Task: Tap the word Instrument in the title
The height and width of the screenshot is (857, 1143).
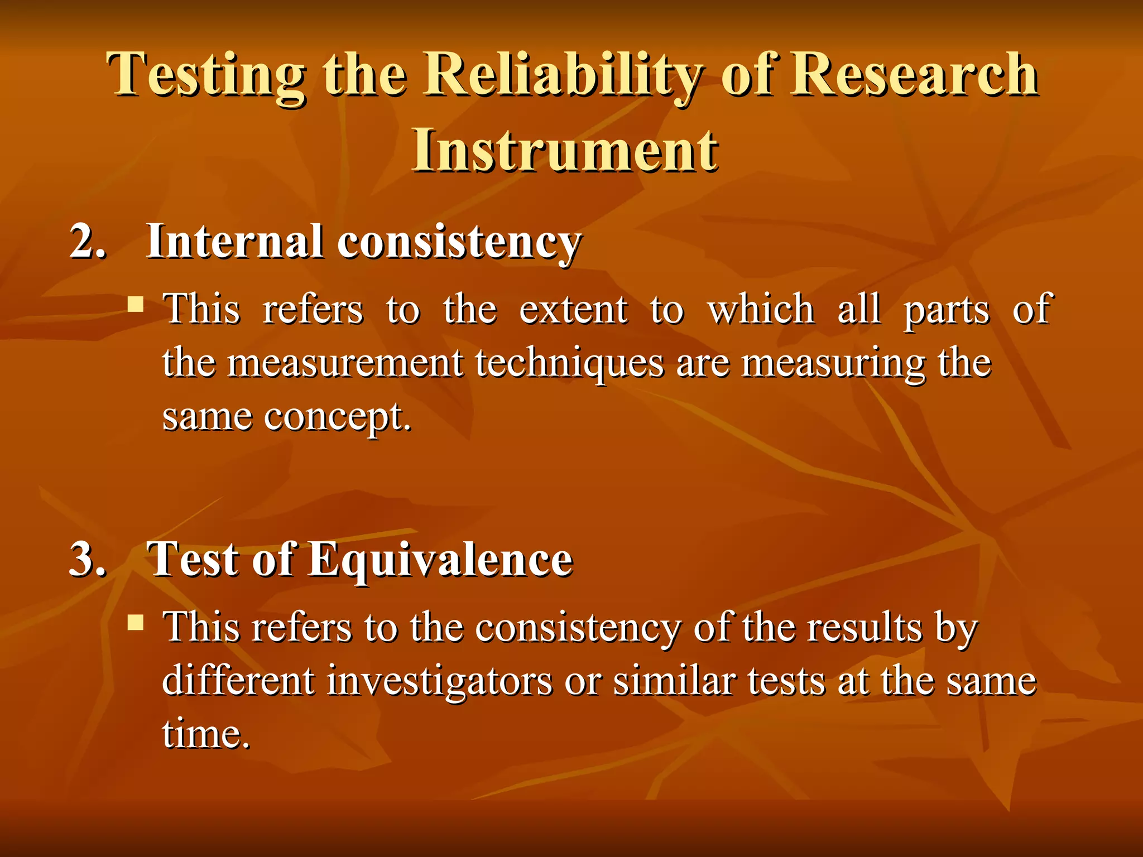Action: coord(565,151)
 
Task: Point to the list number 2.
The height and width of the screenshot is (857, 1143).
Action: coord(87,242)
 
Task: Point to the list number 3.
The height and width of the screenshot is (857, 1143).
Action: coord(87,559)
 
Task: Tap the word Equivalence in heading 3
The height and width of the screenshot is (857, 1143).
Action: coord(441,560)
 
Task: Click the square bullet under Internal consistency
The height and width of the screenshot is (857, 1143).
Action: coord(136,305)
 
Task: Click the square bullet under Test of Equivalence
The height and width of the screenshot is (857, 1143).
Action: coord(136,622)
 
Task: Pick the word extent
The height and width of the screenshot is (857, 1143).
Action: coord(573,310)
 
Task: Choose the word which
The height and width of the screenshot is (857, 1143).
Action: coord(761,310)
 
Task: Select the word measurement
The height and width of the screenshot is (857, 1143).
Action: coord(345,363)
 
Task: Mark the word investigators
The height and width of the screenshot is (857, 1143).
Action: coord(439,682)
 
